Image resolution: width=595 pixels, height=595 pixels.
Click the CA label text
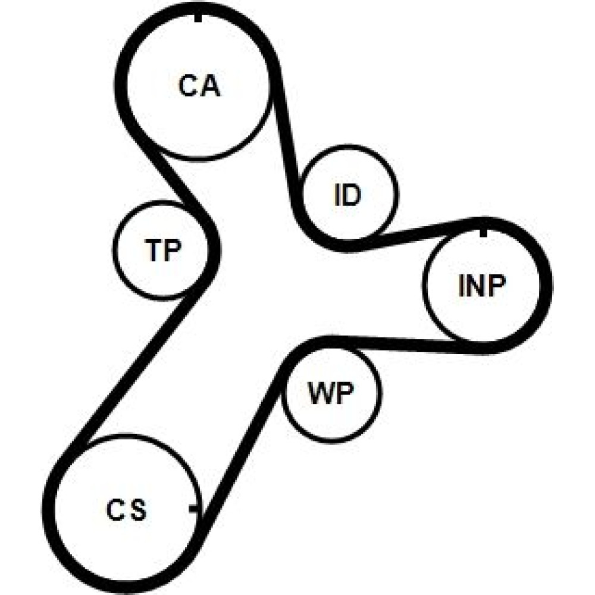199,87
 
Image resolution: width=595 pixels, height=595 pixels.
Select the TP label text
162,250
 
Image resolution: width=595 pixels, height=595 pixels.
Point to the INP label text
482,287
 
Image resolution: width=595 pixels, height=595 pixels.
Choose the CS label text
126,511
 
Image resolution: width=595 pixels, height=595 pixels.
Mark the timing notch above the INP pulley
483,230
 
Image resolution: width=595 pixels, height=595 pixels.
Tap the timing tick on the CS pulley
194,508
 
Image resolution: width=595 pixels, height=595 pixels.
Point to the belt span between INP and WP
405,344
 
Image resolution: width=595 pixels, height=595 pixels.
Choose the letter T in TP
153,250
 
